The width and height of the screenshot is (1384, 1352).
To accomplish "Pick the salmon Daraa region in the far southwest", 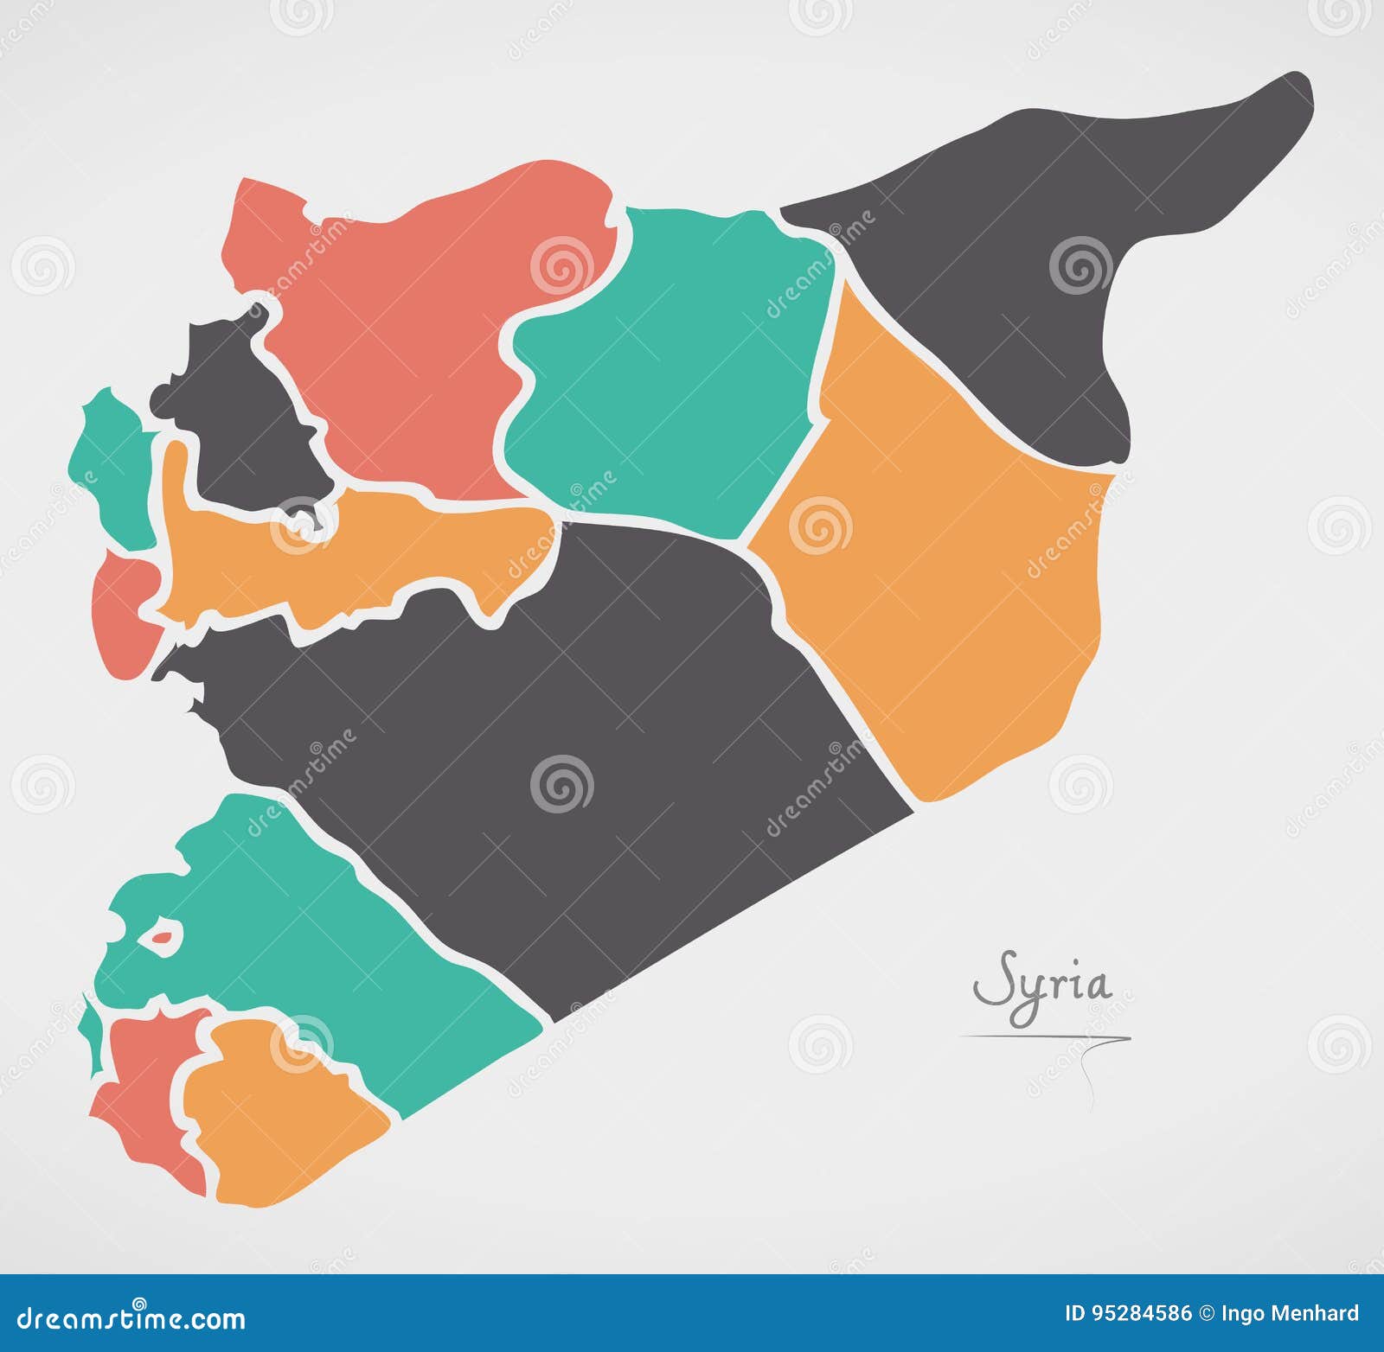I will (x=147, y=1089).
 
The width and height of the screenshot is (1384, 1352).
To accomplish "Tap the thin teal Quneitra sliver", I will (x=89, y=1029).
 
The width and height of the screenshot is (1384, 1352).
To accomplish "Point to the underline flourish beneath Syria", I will (x=1047, y=1037).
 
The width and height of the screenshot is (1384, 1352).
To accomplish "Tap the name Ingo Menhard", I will (x=1290, y=1314).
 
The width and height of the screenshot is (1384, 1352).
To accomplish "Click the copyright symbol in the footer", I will (x=1206, y=1314).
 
